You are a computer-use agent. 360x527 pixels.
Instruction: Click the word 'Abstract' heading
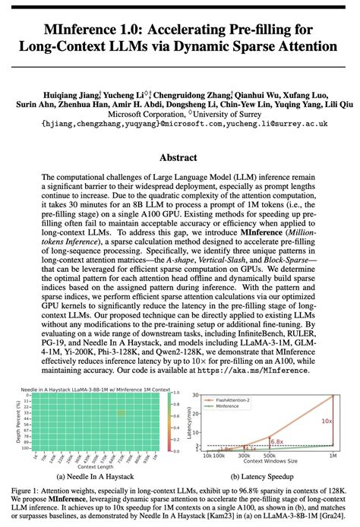[180, 157]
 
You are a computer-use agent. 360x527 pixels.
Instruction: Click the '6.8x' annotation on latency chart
[279, 441]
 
